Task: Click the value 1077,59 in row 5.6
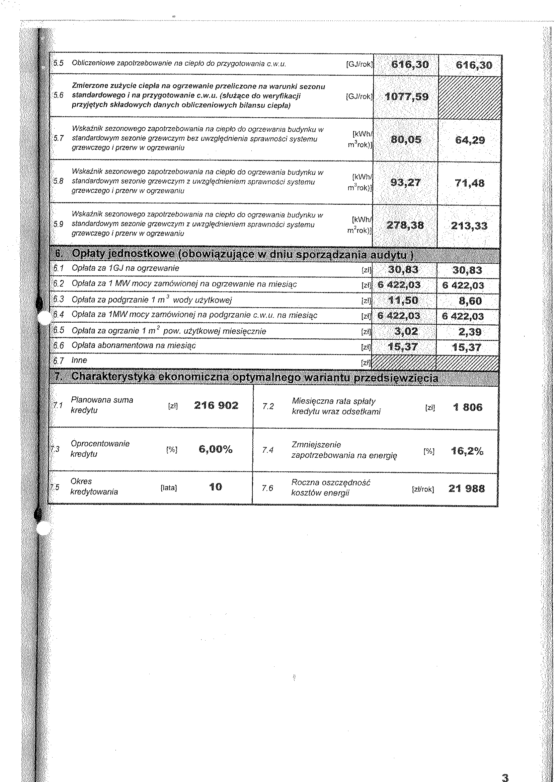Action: pyautogui.click(x=406, y=97)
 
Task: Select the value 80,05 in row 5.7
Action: pyautogui.click(x=406, y=140)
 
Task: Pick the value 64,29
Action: pyautogui.click(x=470, y=140)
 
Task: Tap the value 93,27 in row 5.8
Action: pyautogui.click(x=406, y=183)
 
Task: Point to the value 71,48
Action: pyautogui.click(x=470, y=183)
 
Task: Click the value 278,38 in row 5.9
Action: pyautogui.click(x=405, y=225)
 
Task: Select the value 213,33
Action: pyautogui.click(x=469, y=226)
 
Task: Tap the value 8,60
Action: pyautogui.click(x=470, y=301)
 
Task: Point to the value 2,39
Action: pyautogui.click(x=470, y=332)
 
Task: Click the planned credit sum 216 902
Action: pyautogui.click(x=216, y=405)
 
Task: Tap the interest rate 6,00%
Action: pyautogui.click(x=215, y=449)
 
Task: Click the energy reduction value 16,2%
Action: pyautogui.click(x=467, y=451)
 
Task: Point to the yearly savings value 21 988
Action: pyautogui.click(x=466, y=488)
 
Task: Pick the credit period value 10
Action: pyautogui.click(x=215, y=487)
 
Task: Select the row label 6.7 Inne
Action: pyautogui.click(x=79, y=361)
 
